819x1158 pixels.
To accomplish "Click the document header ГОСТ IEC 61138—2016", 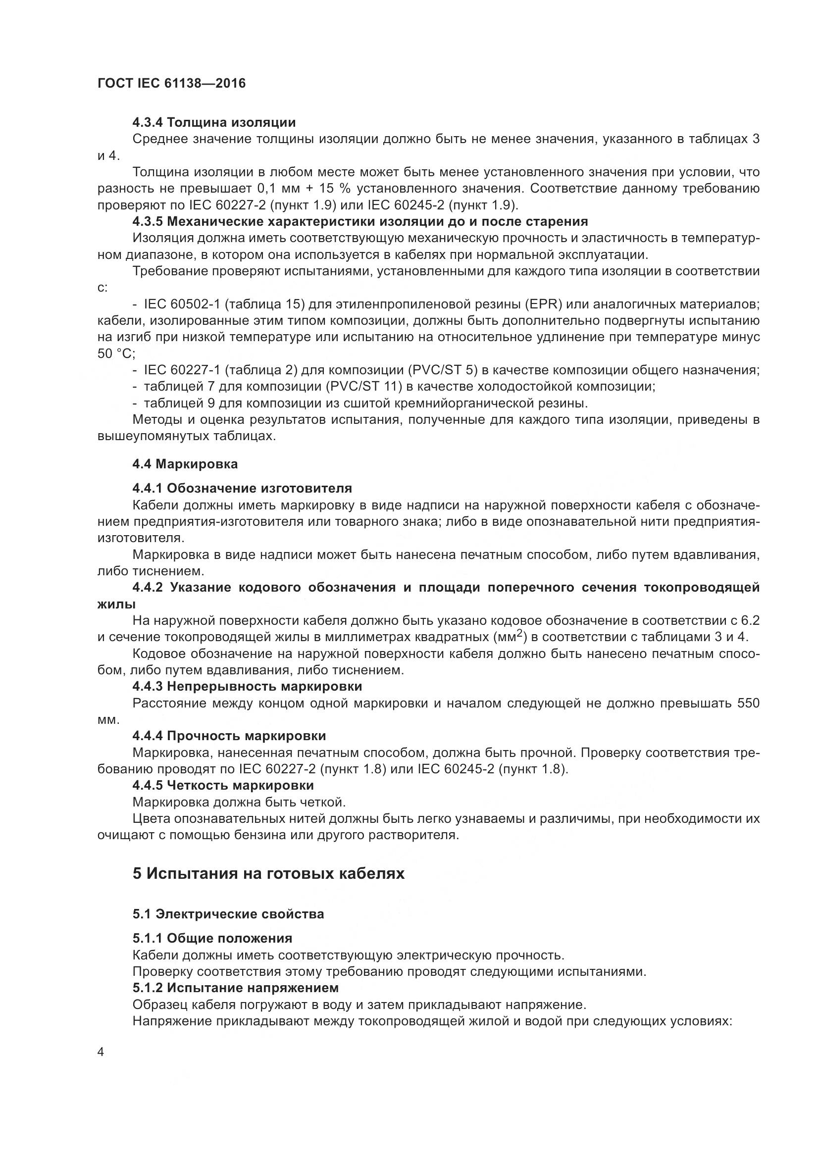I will pyautogui.click(x=171, y=83).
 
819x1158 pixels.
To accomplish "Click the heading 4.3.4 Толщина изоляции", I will pyautogui.click(x=214, y=123).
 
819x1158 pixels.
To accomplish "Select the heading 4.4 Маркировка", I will pyautogui.click(x=185, y=464).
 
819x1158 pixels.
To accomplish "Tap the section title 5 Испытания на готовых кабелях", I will pyautogui.click(x=268, y=873).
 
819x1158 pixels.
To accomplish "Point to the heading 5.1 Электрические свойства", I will pyautogui.click(x=228, y=914).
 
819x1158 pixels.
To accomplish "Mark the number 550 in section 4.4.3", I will pyautogui.click(x=748, y=703).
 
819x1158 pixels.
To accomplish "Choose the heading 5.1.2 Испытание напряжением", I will pyautogui.click(x=236, y=987).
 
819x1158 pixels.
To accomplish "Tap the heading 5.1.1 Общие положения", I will pyautogui.click(x=212, y=938).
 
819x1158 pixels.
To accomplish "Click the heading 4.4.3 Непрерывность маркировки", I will pyautogui.click(x=247, y=686).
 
